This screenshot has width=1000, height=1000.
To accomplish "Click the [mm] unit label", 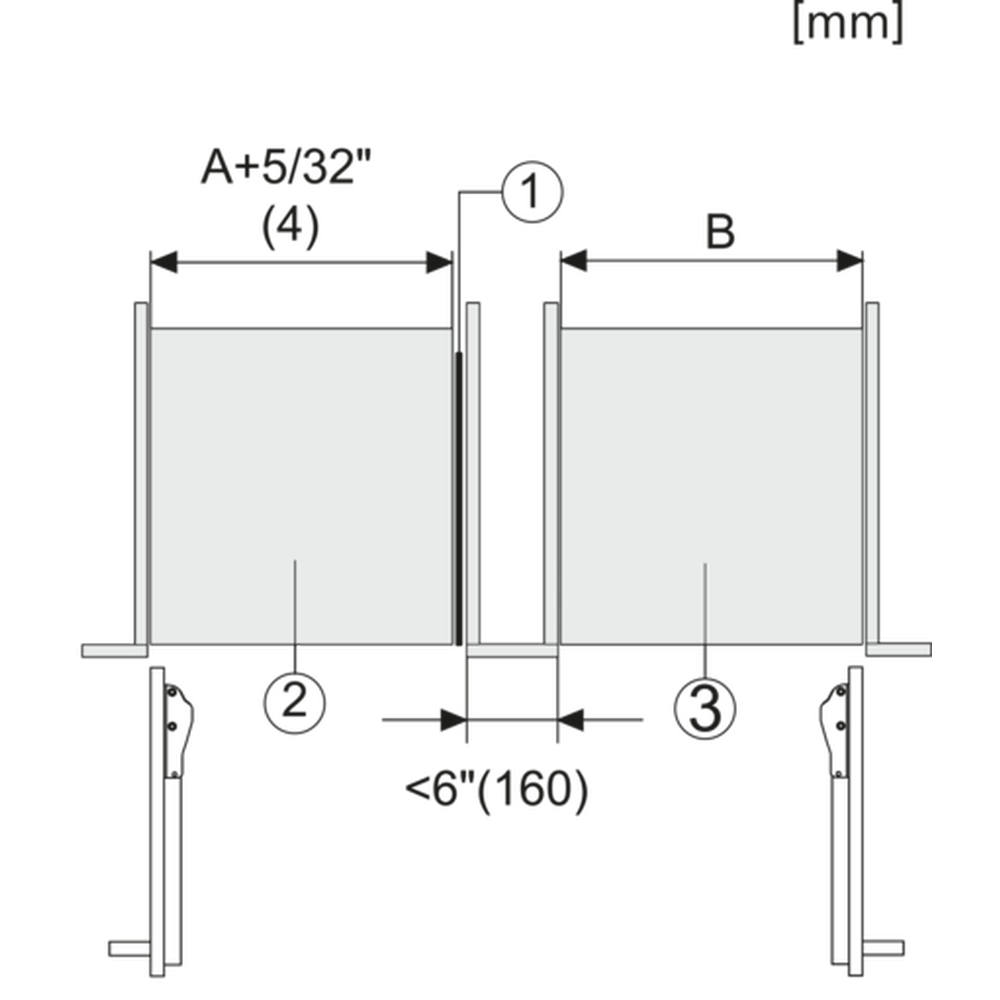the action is [848, 24].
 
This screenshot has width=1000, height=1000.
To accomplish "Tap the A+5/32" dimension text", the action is [286, 167].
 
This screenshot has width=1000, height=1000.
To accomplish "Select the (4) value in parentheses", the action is [290, 227].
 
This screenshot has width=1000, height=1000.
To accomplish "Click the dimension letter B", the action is [720, 232].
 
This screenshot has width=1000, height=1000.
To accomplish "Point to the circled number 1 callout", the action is [533, 191].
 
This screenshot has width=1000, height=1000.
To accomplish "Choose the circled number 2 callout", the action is [295, 702].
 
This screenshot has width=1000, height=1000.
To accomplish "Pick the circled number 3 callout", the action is [705, 708].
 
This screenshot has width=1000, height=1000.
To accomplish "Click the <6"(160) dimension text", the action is [497, 790].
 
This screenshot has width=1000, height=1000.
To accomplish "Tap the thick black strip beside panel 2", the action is [459, 498].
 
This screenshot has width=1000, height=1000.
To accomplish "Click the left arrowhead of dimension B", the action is [574, 261].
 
